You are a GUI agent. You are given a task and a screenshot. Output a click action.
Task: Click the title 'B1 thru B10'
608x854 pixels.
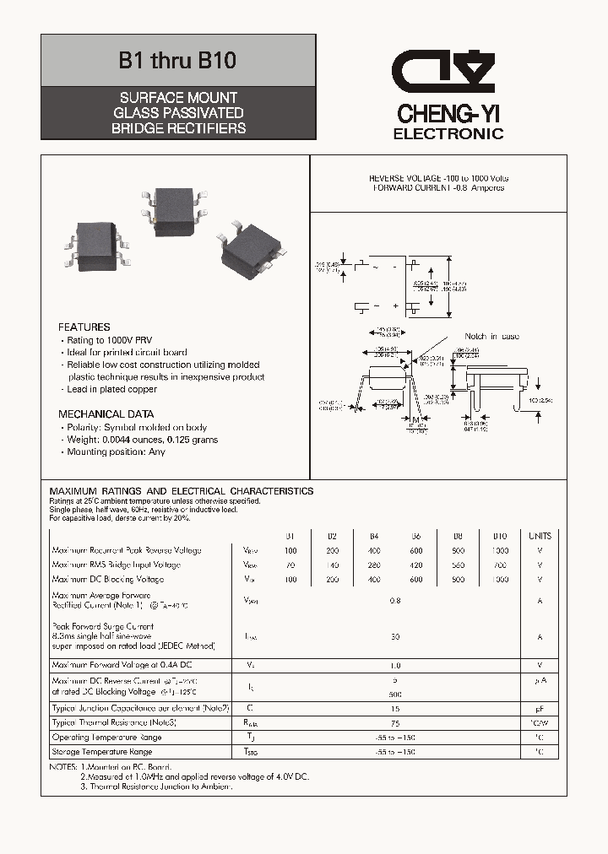[x=177, y=61]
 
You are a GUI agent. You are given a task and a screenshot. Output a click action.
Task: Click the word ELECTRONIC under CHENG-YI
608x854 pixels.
[x=448, y=134]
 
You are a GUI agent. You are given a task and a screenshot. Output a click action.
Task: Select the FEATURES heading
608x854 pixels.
[x=84, y=327]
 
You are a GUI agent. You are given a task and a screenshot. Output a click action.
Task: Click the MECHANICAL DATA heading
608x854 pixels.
[x=106, y=414]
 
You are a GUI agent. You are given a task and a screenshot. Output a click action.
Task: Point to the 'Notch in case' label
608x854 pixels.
[x=492, y=337]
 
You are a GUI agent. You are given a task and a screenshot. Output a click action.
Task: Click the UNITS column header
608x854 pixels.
[x=540, y=536]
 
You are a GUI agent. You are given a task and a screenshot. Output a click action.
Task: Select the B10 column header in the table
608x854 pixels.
[x=499, y=536]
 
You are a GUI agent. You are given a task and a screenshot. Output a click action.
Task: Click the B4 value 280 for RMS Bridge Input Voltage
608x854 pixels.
[x=374, y=565]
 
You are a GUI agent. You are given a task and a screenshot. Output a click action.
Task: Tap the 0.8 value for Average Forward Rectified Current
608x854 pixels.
[x=394, y=601]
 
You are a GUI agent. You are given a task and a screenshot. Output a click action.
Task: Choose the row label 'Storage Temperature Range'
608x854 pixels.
[x=102, y=752]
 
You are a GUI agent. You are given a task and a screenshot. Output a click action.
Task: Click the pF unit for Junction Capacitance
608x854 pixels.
[x=540, y=709]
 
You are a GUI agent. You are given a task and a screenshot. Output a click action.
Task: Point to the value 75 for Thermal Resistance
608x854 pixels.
[x=394, y=723]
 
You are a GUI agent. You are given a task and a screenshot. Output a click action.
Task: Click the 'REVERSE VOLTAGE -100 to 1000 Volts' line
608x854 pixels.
[x=438, y=179]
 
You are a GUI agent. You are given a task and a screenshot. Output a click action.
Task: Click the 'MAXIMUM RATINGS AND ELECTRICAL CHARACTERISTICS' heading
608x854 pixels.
[x=182, y=491]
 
